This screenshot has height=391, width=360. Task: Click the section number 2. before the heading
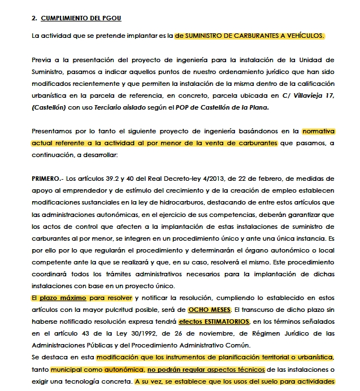pos(34,18)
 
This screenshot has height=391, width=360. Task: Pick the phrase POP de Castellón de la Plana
pos(220,107)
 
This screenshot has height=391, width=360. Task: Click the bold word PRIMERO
pos(46,179)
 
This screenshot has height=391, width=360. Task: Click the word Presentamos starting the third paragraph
pos(55,131)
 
